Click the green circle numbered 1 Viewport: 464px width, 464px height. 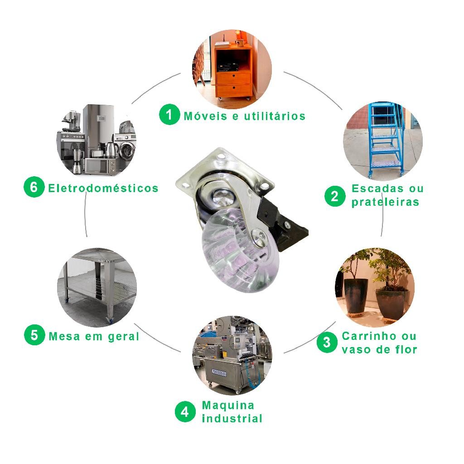tap(169, 115)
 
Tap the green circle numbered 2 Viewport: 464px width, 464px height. tap(335, 196)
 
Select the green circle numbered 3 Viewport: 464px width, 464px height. tap(327, 343)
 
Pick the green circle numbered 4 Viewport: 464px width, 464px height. tap(185, 412)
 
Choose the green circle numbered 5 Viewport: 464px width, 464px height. tap(34, 335)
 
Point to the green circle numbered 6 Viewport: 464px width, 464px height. tap(34, 187)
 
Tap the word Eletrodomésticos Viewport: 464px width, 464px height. tap(103, 188)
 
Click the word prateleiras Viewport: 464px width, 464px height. tap(385, 202)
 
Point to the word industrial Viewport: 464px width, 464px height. tap(232, 418)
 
